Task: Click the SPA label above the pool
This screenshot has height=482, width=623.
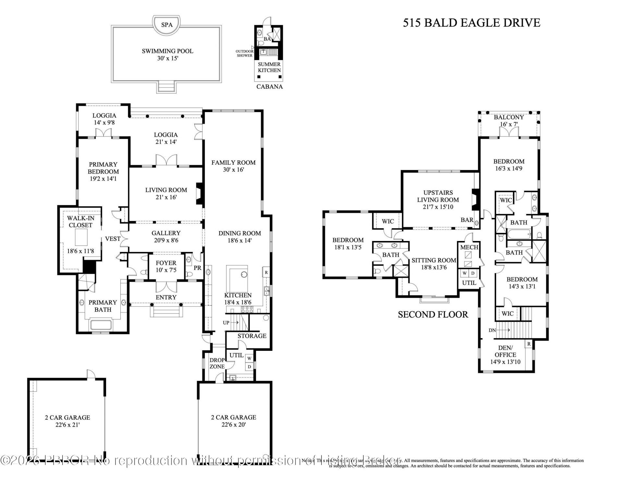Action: [x=167, y=25]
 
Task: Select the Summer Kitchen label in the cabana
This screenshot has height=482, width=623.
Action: [x=269, y=67]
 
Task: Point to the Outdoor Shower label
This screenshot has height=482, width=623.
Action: [x=244, y=53]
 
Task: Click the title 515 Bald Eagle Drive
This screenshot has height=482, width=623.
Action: [x=471, y=23]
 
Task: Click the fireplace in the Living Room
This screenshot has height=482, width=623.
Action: [x=199, y=194]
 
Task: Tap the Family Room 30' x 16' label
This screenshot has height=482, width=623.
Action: [x=233, y=166]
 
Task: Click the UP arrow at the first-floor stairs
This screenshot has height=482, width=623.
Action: [x=231, y=323]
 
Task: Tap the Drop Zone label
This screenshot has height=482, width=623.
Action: [x=217, y=363]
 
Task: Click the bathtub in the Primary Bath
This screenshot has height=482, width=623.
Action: [x=103, y=325]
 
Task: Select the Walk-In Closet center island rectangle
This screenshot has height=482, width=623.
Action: [x=81, y=237]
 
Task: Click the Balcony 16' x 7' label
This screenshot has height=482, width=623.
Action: [x=508, y=120]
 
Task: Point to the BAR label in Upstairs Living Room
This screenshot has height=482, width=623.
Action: [x=467, y=220]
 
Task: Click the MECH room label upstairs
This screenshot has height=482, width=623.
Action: [x=469, y=247]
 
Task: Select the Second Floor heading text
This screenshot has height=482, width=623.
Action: [x=433, y=314]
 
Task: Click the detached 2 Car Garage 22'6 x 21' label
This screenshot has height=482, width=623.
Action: [x=67, y=421]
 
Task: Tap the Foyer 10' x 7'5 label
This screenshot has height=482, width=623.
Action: [x=166, y=266]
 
